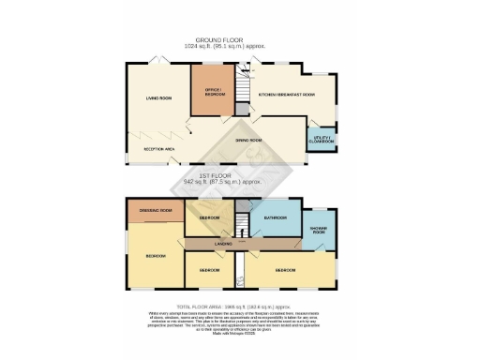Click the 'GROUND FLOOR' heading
240,39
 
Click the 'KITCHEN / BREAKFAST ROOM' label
286,95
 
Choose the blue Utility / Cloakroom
323,139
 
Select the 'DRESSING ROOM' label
156,211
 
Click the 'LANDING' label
223,244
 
